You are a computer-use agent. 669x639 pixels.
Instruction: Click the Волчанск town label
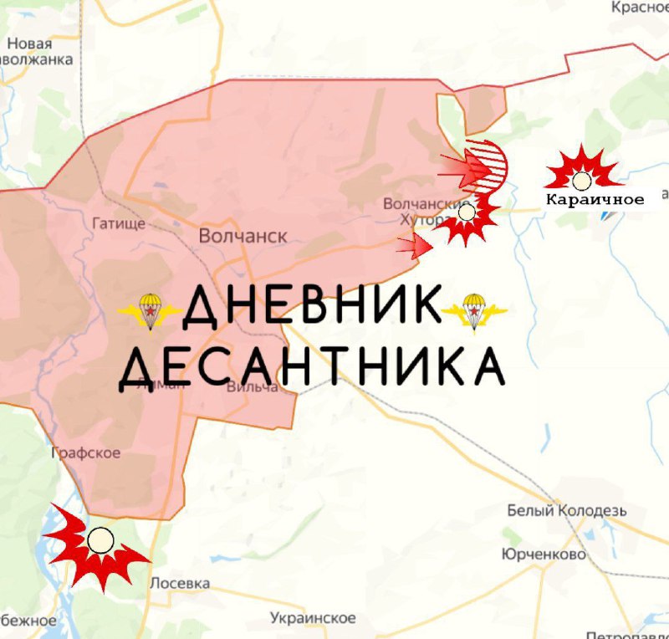click(x=243, y=237)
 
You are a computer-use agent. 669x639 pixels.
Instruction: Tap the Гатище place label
click(x=118, y=223)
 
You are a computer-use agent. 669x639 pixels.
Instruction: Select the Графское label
click(x=87, y=452)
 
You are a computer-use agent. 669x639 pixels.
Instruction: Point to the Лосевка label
click(x=179, y=583)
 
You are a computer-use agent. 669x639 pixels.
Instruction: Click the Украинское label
click(x=313, y=618)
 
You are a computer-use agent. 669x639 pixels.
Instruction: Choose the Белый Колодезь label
click(x=567, y=510)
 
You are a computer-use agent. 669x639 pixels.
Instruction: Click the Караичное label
click(x=595, y=200)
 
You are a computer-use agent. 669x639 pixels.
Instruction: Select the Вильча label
click(x=252, y=386)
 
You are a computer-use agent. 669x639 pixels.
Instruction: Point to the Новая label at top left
click(x=29, y=44)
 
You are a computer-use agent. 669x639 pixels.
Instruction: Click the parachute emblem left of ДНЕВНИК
click(x=151, y=311)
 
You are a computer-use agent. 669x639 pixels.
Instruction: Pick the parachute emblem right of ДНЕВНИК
click(x=473, y=310)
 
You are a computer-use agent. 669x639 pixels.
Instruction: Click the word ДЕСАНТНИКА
click(x=311, y=366)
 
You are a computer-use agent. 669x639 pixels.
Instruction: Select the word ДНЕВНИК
click(x=311, y=307)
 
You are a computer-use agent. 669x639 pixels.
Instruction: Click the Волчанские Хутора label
click(x=415, y=211)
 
